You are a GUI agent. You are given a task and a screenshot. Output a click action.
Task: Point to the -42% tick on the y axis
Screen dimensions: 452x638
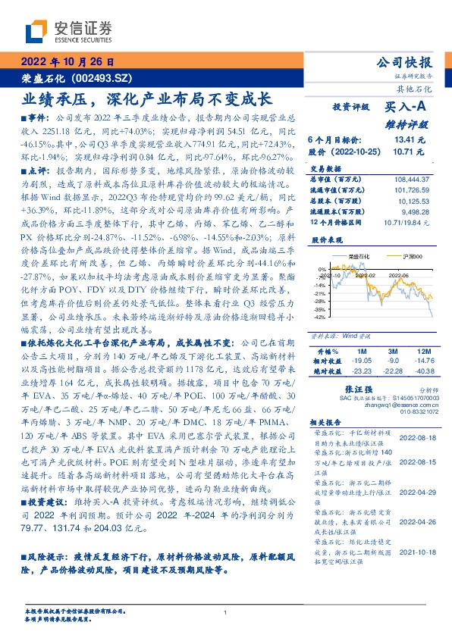tap(322, 317)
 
